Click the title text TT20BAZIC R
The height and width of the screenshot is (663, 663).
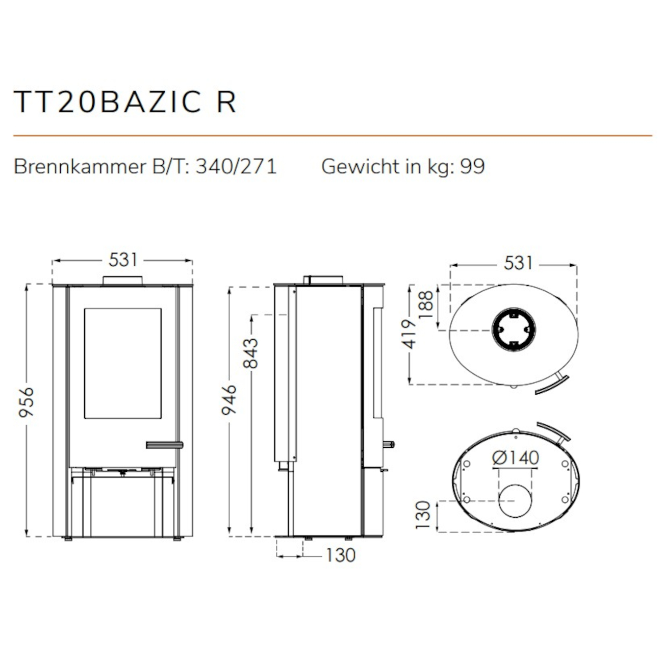(125, 102)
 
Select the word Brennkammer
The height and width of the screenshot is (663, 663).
(80, 167)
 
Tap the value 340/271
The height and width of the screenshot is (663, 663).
(236, 167)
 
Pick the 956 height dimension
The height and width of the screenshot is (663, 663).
(26, 402)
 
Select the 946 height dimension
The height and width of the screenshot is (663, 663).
(229, 399)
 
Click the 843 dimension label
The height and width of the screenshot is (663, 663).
(250, 353)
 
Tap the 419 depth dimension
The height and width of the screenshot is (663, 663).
(409, 334)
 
